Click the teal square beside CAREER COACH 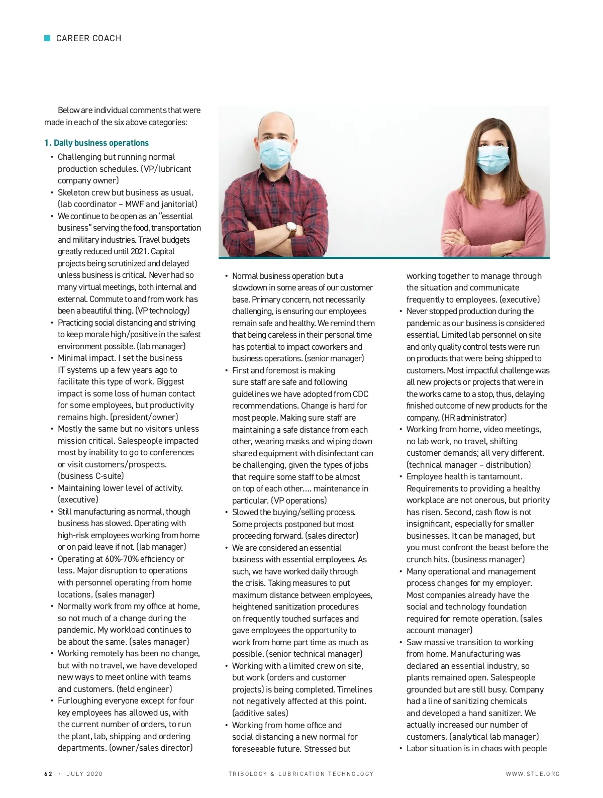point(48,38)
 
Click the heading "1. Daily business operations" point(96,143)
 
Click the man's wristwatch point(292,230)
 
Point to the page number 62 point(48,774)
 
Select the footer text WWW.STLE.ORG point(533,774)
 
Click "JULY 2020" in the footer point(85,774)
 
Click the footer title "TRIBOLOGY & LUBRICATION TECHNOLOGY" point(301,774)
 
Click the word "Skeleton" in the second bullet point(73,192)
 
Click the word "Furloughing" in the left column point(82,701)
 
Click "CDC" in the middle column point(360,394)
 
